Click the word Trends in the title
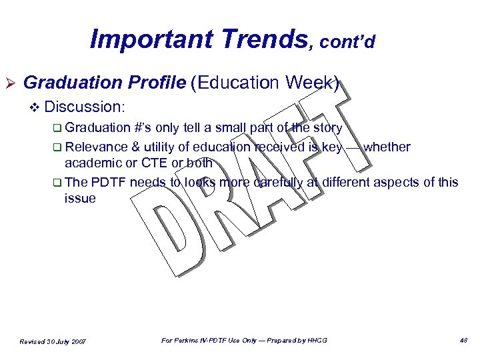click(259, 39)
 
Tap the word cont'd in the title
click(347, 42)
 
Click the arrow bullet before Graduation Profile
click(11, 83)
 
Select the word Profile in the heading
click(157, 83)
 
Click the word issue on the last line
click(80, 198)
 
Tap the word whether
click(387, 147)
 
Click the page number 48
click(463, 341)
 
